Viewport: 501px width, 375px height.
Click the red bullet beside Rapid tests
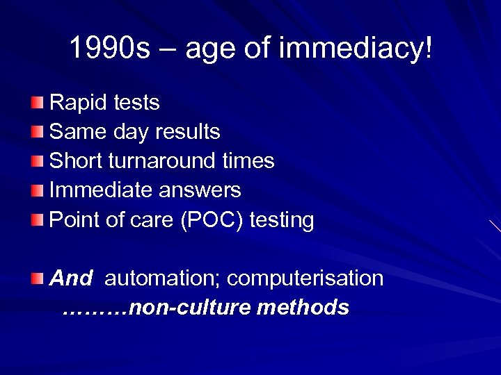tap(37, 103)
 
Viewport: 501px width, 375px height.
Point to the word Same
tap(75, 131)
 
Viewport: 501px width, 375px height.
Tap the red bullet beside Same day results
tap(37, 131)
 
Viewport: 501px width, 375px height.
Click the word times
tap(248, 161)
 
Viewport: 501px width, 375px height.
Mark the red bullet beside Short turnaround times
tap(37, 161)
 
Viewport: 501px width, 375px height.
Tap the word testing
tap(282, 221)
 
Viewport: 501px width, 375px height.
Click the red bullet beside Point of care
tap(37, 220)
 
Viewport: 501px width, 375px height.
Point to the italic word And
tap(70, 278)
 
